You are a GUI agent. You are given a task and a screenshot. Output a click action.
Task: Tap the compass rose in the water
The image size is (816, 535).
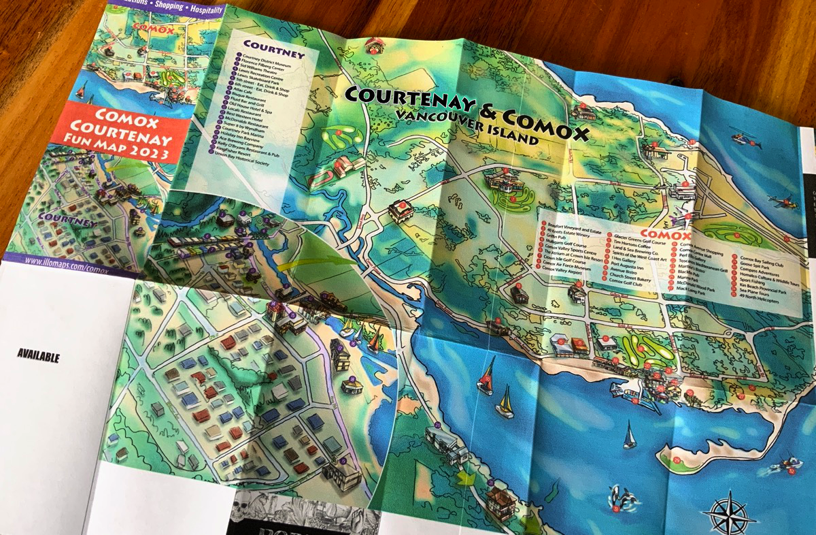729,510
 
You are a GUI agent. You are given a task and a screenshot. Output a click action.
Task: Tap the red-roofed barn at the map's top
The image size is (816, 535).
375,45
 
